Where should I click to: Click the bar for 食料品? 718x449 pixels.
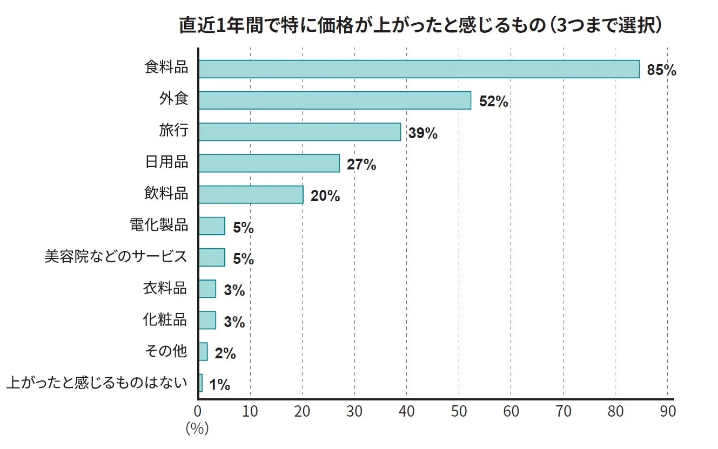[x=419, y=69]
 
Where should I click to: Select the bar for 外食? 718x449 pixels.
[x=334, y=100]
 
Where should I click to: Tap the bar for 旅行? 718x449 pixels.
[x=299, y=132]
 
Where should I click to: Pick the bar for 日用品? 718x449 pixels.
[x=269, y=163]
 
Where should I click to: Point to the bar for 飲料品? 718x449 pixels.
[x=251, y=194]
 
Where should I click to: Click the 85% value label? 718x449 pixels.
[x=661, y=70]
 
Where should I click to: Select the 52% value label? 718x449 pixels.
[x=493, y=101]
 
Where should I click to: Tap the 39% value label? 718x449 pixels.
[x=422, y=133]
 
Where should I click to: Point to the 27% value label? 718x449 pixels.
[x=361, y=165]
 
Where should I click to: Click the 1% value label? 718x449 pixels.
[x=219, y=385]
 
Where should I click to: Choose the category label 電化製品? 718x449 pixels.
[x=159, y=225]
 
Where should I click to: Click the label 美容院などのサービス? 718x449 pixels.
[x=116, y=256]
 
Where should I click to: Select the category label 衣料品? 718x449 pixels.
[x=165, y=288]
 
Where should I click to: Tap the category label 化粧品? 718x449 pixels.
[x=165, y=319]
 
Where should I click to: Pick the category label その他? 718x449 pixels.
[x=166, y=351]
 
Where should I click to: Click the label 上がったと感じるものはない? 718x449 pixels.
[x=97, y=383]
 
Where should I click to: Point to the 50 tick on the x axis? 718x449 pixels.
[x=459, y=412]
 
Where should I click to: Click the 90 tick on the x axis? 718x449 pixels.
[x=668, y=412]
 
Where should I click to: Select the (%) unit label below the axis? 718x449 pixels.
[x=197, y=429]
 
